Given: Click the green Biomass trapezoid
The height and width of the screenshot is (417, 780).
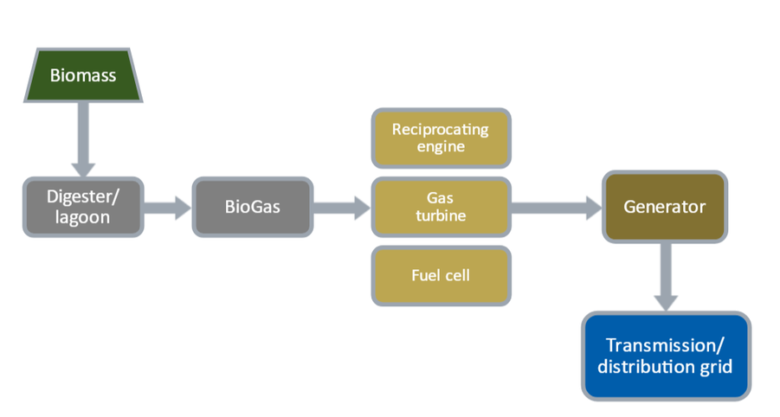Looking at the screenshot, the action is [x=83, y=75].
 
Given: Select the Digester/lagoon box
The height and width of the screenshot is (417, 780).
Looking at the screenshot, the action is [x=83, y=207].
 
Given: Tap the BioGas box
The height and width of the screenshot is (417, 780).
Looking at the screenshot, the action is [x=253, y=207].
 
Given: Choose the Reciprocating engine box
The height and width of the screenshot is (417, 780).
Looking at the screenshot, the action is [x=442, y=138].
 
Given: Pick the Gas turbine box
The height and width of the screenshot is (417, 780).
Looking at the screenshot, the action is [x=442, y=207].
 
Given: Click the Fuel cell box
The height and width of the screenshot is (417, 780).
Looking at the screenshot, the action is [x=442, y=275].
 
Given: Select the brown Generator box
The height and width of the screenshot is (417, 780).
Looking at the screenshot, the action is [x=665, y=207].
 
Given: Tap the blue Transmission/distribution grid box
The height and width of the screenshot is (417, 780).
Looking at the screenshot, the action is [x=666, y=356].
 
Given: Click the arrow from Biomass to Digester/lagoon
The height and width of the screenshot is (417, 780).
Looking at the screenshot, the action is [x=83, y=139].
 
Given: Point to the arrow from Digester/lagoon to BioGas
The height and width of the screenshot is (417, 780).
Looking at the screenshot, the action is [x=168, y=208].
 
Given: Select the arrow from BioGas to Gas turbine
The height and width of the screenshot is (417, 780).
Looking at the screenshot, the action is [x=342, y=208].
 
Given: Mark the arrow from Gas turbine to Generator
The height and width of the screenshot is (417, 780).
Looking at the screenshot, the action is [x=557, y=208].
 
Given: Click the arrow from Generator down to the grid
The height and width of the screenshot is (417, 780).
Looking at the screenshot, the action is [x=666, y=278].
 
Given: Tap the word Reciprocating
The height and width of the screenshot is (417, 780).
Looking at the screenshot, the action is [x=441, y=130].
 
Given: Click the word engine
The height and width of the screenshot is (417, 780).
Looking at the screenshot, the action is [x=441, y=147].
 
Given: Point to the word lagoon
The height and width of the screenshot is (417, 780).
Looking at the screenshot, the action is [x=82, y=218].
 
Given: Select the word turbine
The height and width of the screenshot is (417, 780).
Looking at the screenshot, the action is [x=441, y=215].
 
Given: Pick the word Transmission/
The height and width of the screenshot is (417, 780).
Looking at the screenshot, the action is [x=665, y=345].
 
